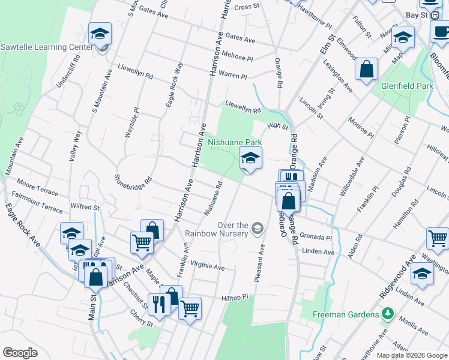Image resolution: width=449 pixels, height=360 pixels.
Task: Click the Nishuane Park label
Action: pyautogui.click(x=235, y=143)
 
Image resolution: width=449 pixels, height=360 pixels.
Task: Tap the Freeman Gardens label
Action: pyautogui.click(x=345, y=314)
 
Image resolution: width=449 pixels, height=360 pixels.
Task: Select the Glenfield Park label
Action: pyautogui.click(x=407, y=86)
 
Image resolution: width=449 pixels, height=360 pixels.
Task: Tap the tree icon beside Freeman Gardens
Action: pyautogui.click(x=388, y=313)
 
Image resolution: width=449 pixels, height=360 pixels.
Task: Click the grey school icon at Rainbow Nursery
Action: pyautogui.click(x=258, y=227)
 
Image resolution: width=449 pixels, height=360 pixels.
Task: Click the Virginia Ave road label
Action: pyautogui.click(x=207, y=265)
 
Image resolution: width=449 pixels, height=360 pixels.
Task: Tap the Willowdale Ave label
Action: pyautogui.click(x=352, y=176)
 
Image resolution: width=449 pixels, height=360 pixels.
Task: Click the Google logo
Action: pyautogui.click(x=20, y=353)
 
